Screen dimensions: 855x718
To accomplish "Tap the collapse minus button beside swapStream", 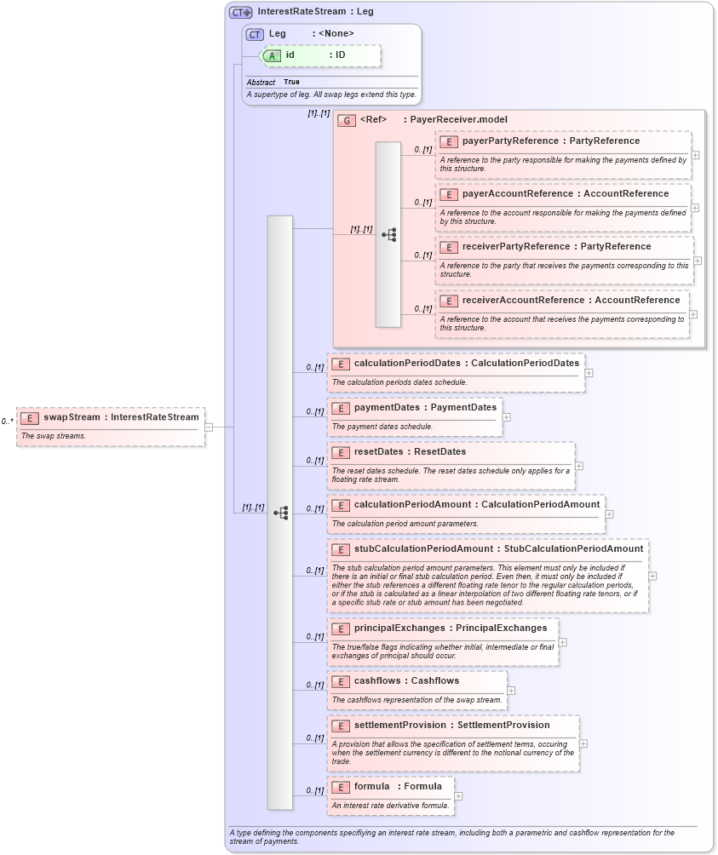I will tap(209, 427).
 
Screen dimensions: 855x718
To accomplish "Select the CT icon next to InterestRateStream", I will tap(241, 12).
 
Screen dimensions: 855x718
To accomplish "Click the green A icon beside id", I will tap(272, 55).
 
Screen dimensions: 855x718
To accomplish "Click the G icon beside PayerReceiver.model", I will tap(347, 120).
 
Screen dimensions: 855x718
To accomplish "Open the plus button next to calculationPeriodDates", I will tap(589, 372).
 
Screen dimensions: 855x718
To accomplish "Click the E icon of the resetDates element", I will tap(341, 452).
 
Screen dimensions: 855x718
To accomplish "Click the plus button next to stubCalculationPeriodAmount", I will tap(652, 576).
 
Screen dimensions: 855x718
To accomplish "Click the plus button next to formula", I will tap(458, 796).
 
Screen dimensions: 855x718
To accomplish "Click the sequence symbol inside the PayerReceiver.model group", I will tap(388, 235).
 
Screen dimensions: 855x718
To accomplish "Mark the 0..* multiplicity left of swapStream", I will tap(7, 421).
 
